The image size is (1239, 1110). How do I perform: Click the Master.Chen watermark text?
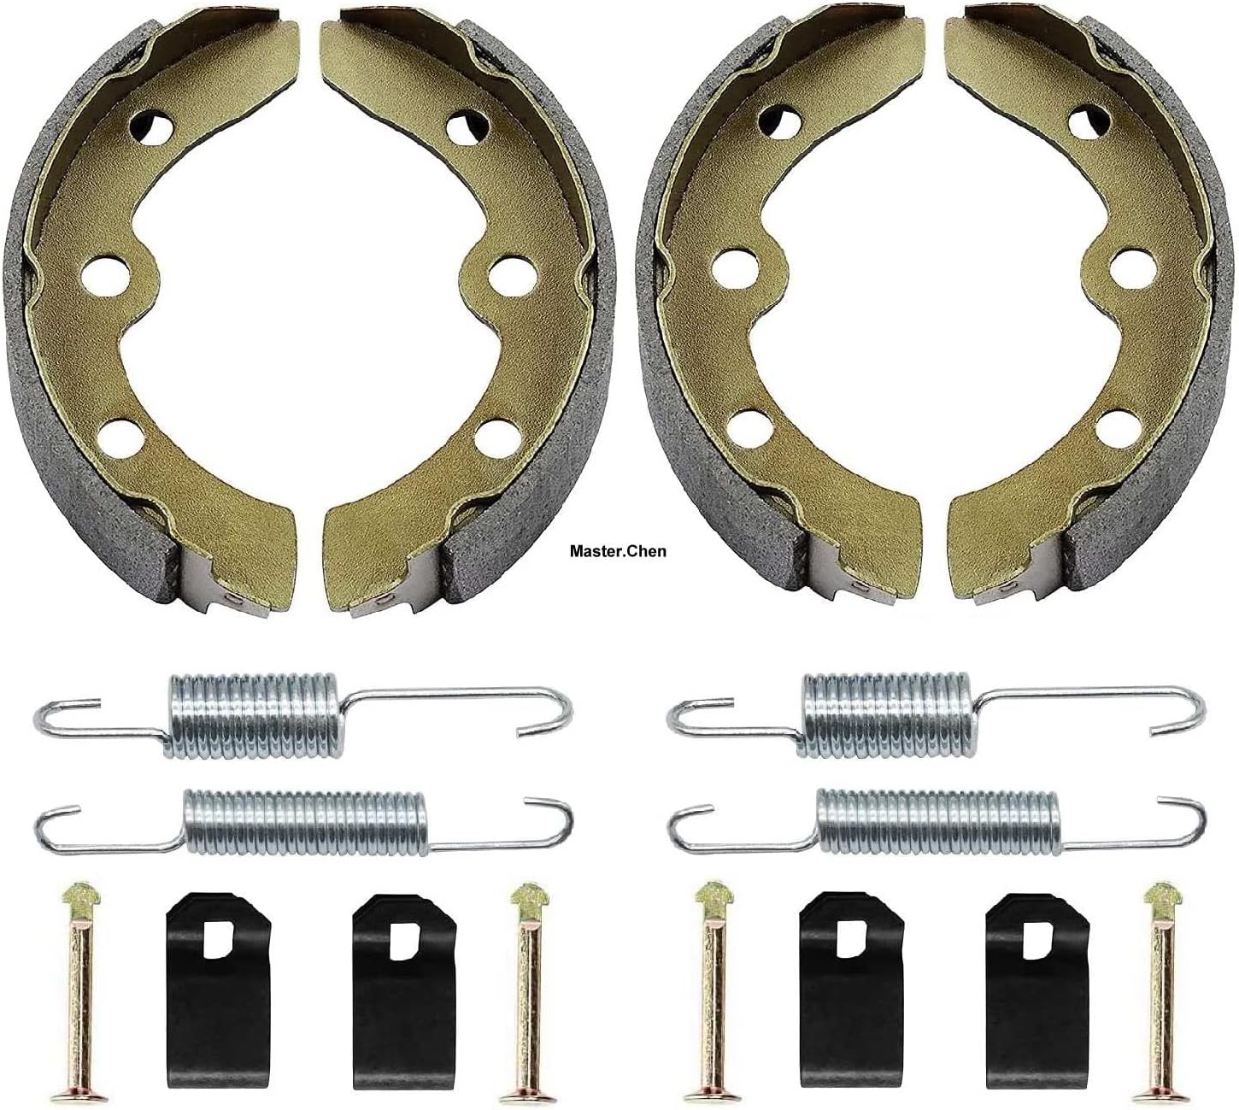tap(617, 551)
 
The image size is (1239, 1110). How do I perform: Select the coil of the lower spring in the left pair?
tap(305, 820)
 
